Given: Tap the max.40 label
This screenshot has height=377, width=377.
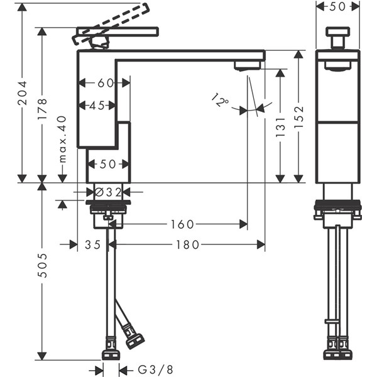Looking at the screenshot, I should [x=62, y=139].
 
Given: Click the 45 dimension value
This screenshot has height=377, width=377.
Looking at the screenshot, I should [x=97, y=106].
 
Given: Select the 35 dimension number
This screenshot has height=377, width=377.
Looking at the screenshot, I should [x=92, y=244].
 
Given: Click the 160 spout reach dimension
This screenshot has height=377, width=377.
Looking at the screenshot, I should [x=182, y=224].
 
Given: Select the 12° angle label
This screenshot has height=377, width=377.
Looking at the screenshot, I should [x=220, y=100].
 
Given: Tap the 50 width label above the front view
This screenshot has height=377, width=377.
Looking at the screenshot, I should [x=338, y=7].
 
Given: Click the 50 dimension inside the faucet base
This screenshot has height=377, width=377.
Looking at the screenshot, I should [x=108, y=165].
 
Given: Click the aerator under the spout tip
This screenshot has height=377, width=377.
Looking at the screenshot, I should [x=247, y=65].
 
